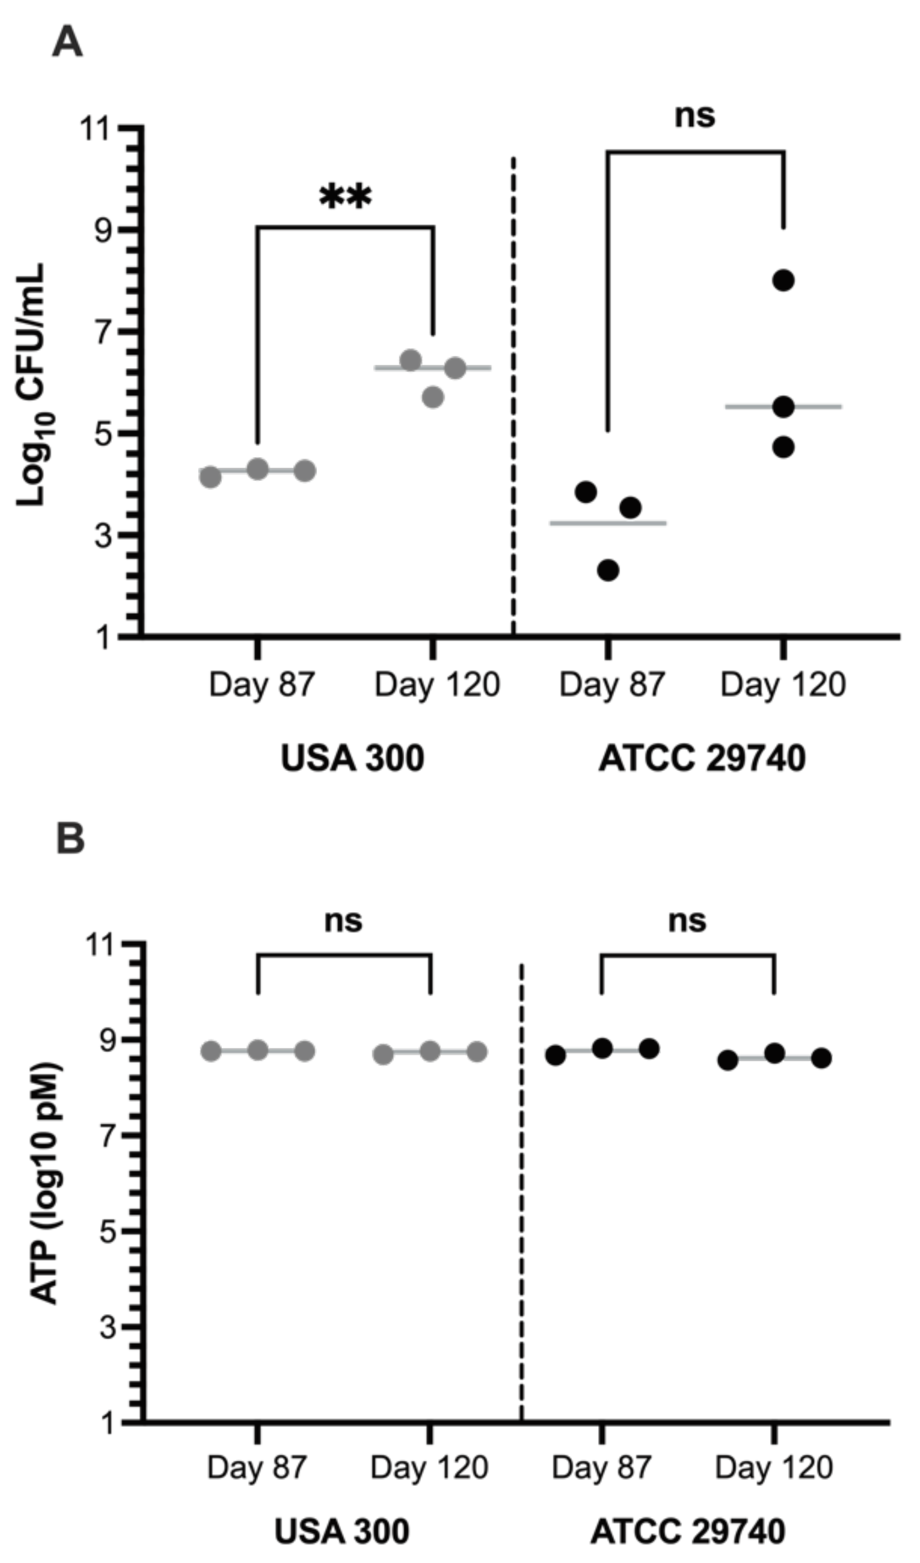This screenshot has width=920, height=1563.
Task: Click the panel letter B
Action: coord(70,839)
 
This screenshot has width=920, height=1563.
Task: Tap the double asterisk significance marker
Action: coord(345,197)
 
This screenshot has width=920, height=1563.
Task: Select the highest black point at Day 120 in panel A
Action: coord(783,281)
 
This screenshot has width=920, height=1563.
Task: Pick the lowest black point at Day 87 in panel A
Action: coord(608,570)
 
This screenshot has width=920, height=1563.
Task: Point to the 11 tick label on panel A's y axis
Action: coord(97,129)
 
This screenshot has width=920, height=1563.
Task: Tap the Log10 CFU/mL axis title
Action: coord(31,385)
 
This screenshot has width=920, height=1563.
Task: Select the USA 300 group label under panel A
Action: coord(352,758)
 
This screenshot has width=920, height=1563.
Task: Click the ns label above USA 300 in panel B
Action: coord(343,920)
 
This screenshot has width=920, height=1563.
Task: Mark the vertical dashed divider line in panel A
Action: coord(513,397)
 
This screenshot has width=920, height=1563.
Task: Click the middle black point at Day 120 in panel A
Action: coord(783,407)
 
